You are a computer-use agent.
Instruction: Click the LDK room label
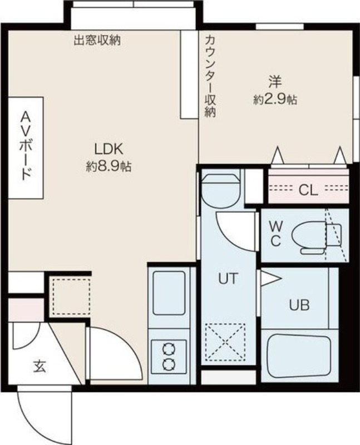click(108, 149)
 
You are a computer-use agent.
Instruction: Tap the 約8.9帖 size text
click(109, 166)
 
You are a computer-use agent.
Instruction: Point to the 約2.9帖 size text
click(275, 100)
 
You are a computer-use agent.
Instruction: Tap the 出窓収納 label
click(98, 40)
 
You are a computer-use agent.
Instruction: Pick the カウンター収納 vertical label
click(210, 75)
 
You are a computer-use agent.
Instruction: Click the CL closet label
click(308, 190)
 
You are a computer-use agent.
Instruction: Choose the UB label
click(299, 305)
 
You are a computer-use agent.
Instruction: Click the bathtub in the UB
click(299, 354)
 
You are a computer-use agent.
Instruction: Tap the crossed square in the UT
click(226, 341)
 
